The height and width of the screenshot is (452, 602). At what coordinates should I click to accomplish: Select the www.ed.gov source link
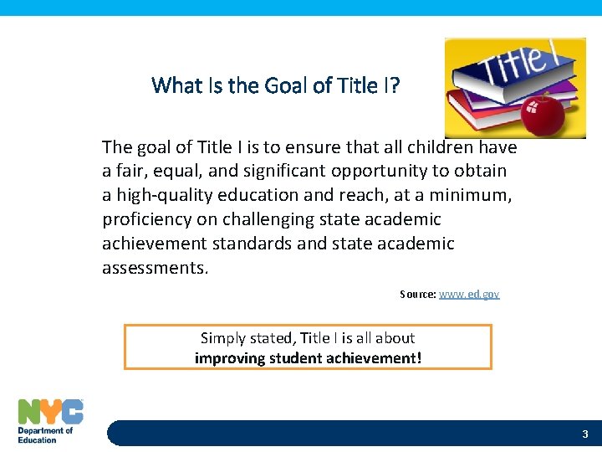tap(469, 295)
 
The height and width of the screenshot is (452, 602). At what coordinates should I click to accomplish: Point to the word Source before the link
tap(417, 295)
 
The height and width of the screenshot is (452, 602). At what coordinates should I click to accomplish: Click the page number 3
tap(585, 434)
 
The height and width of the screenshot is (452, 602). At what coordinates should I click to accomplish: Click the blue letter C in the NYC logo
tap(73, 411)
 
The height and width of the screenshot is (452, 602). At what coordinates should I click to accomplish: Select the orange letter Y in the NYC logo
tap(52, 411)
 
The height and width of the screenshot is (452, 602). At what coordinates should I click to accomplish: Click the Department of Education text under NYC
tap(45, 435)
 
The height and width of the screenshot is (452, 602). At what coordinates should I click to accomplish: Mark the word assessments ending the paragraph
tap(155, 268)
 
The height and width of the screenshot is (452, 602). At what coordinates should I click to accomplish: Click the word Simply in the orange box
tap(222, 338)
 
